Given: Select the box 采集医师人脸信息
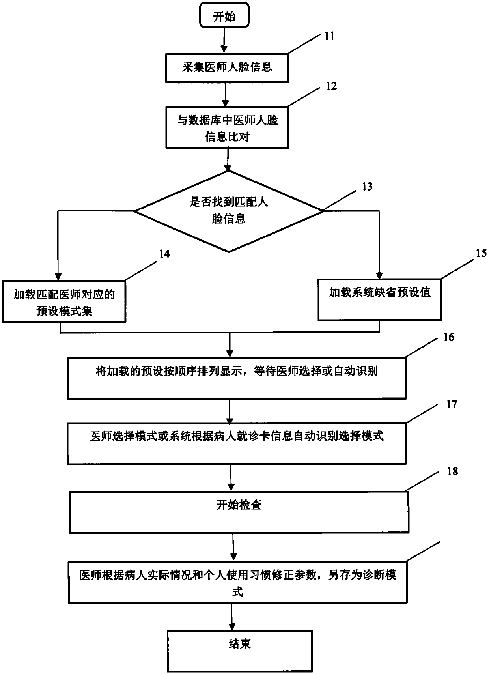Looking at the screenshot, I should (x=227, y=67).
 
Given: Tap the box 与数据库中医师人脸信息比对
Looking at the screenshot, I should (x=227, y=127).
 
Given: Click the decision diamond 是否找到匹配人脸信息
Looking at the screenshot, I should (x=229, y=211).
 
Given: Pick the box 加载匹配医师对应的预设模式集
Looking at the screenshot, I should (x=64, y=302).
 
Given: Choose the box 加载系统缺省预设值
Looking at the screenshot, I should (x=380, y=299).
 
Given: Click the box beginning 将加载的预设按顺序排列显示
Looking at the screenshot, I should (x=237, y=378).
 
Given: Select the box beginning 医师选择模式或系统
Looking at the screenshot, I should (x=237, y=443).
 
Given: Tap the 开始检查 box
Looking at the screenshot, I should (x=239, y=512).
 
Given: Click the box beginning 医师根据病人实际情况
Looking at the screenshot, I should (x=238, y=582).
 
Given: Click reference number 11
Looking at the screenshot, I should (x=329, y=36).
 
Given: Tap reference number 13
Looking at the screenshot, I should (x=367, y=186).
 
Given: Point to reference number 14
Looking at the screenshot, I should (x=164, y=254).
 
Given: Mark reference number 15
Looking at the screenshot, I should (x=481, y=253).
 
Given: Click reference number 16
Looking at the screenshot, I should (x=449, y=337).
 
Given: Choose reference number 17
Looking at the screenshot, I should (x=452, y=404).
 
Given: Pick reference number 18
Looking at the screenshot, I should (x=452, y=471).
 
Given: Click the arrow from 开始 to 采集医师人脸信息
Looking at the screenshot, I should (x=224, y=39).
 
